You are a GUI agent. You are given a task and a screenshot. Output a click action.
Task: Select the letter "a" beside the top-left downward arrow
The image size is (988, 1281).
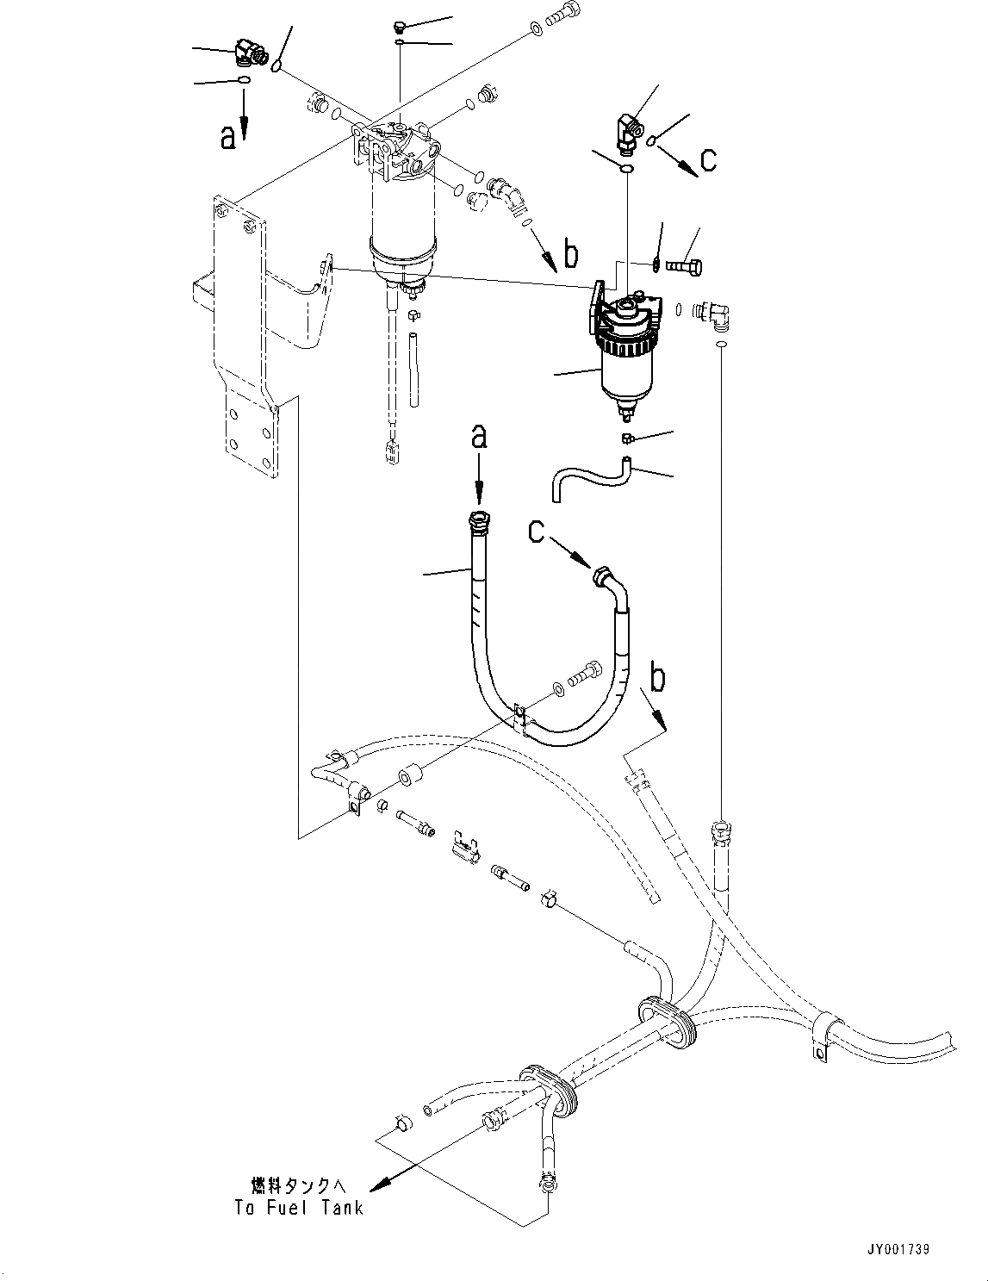click(x=228, y=136)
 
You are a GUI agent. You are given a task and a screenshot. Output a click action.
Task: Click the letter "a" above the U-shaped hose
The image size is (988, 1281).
click(x=479, y=437)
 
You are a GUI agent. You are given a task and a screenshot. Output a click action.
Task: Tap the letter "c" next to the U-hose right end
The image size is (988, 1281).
click(x=537, y=534)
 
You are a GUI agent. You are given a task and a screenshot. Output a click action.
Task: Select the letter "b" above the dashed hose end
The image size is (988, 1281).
click(x=657, y=679)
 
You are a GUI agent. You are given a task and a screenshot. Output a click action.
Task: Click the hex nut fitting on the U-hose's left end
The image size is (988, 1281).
click(x=478, y=521)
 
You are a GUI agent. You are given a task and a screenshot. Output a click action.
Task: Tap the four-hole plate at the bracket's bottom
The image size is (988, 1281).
click(x=251, y=431)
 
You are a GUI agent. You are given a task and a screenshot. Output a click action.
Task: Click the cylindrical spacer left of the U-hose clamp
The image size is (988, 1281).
click(x=409, y=778)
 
